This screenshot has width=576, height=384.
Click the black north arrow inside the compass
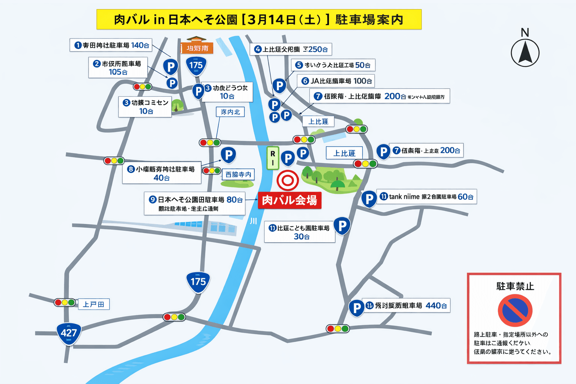point(525,52)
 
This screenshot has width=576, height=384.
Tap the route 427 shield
point(69,333)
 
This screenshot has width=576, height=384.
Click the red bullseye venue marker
point(288,180)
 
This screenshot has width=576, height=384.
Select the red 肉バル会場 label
point(289,200)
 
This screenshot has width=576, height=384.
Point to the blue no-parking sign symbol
point(515,310)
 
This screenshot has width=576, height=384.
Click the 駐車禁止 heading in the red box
point(515,286)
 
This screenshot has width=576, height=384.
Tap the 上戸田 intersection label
point(93,304)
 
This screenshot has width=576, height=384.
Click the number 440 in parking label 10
point(433,306)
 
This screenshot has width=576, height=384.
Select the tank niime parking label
point(427,196)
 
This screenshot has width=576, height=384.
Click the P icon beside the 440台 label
point(357,308)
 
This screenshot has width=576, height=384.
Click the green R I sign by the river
point(273,158)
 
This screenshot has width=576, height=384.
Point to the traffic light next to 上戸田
point(64,302)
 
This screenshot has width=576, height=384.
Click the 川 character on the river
point(253,221)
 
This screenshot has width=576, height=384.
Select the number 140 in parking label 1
point(137,45)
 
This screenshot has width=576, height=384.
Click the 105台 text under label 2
point(118,72)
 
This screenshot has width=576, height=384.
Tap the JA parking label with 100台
point(336,81)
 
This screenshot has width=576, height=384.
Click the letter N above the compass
point(525,33)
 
